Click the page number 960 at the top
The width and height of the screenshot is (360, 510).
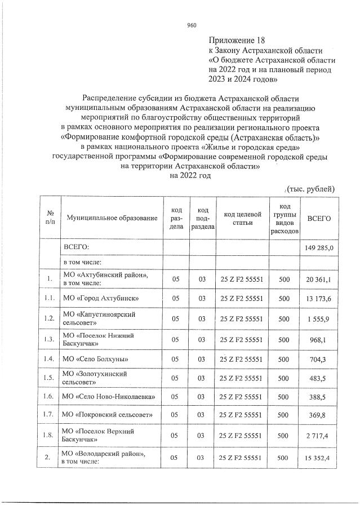tap(191, 25)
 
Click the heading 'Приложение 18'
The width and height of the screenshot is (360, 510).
tap(236, 41)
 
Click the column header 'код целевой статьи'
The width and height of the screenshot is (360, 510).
tap(243, 218)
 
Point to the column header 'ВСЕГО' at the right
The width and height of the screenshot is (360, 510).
tap(319, 218)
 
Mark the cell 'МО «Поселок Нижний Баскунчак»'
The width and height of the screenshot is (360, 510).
tap(96, 339)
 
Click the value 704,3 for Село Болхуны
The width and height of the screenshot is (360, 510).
tap(324, 358)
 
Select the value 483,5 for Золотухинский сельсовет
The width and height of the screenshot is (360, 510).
tap(324, 377)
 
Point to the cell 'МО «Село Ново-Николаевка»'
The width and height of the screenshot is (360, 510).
tap(109, 397)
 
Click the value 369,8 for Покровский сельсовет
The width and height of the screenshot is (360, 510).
tap(324, 416)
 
